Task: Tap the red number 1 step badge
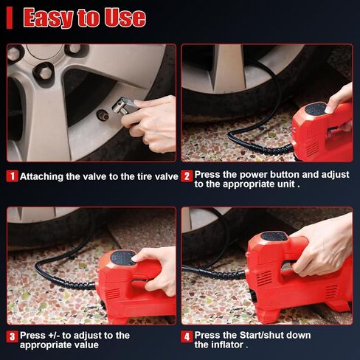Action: [13, 176]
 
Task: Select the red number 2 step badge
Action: [187, 176]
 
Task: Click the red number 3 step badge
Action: [13, 336]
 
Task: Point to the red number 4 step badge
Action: [187, 336]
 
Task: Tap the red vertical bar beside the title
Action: [10, 18]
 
